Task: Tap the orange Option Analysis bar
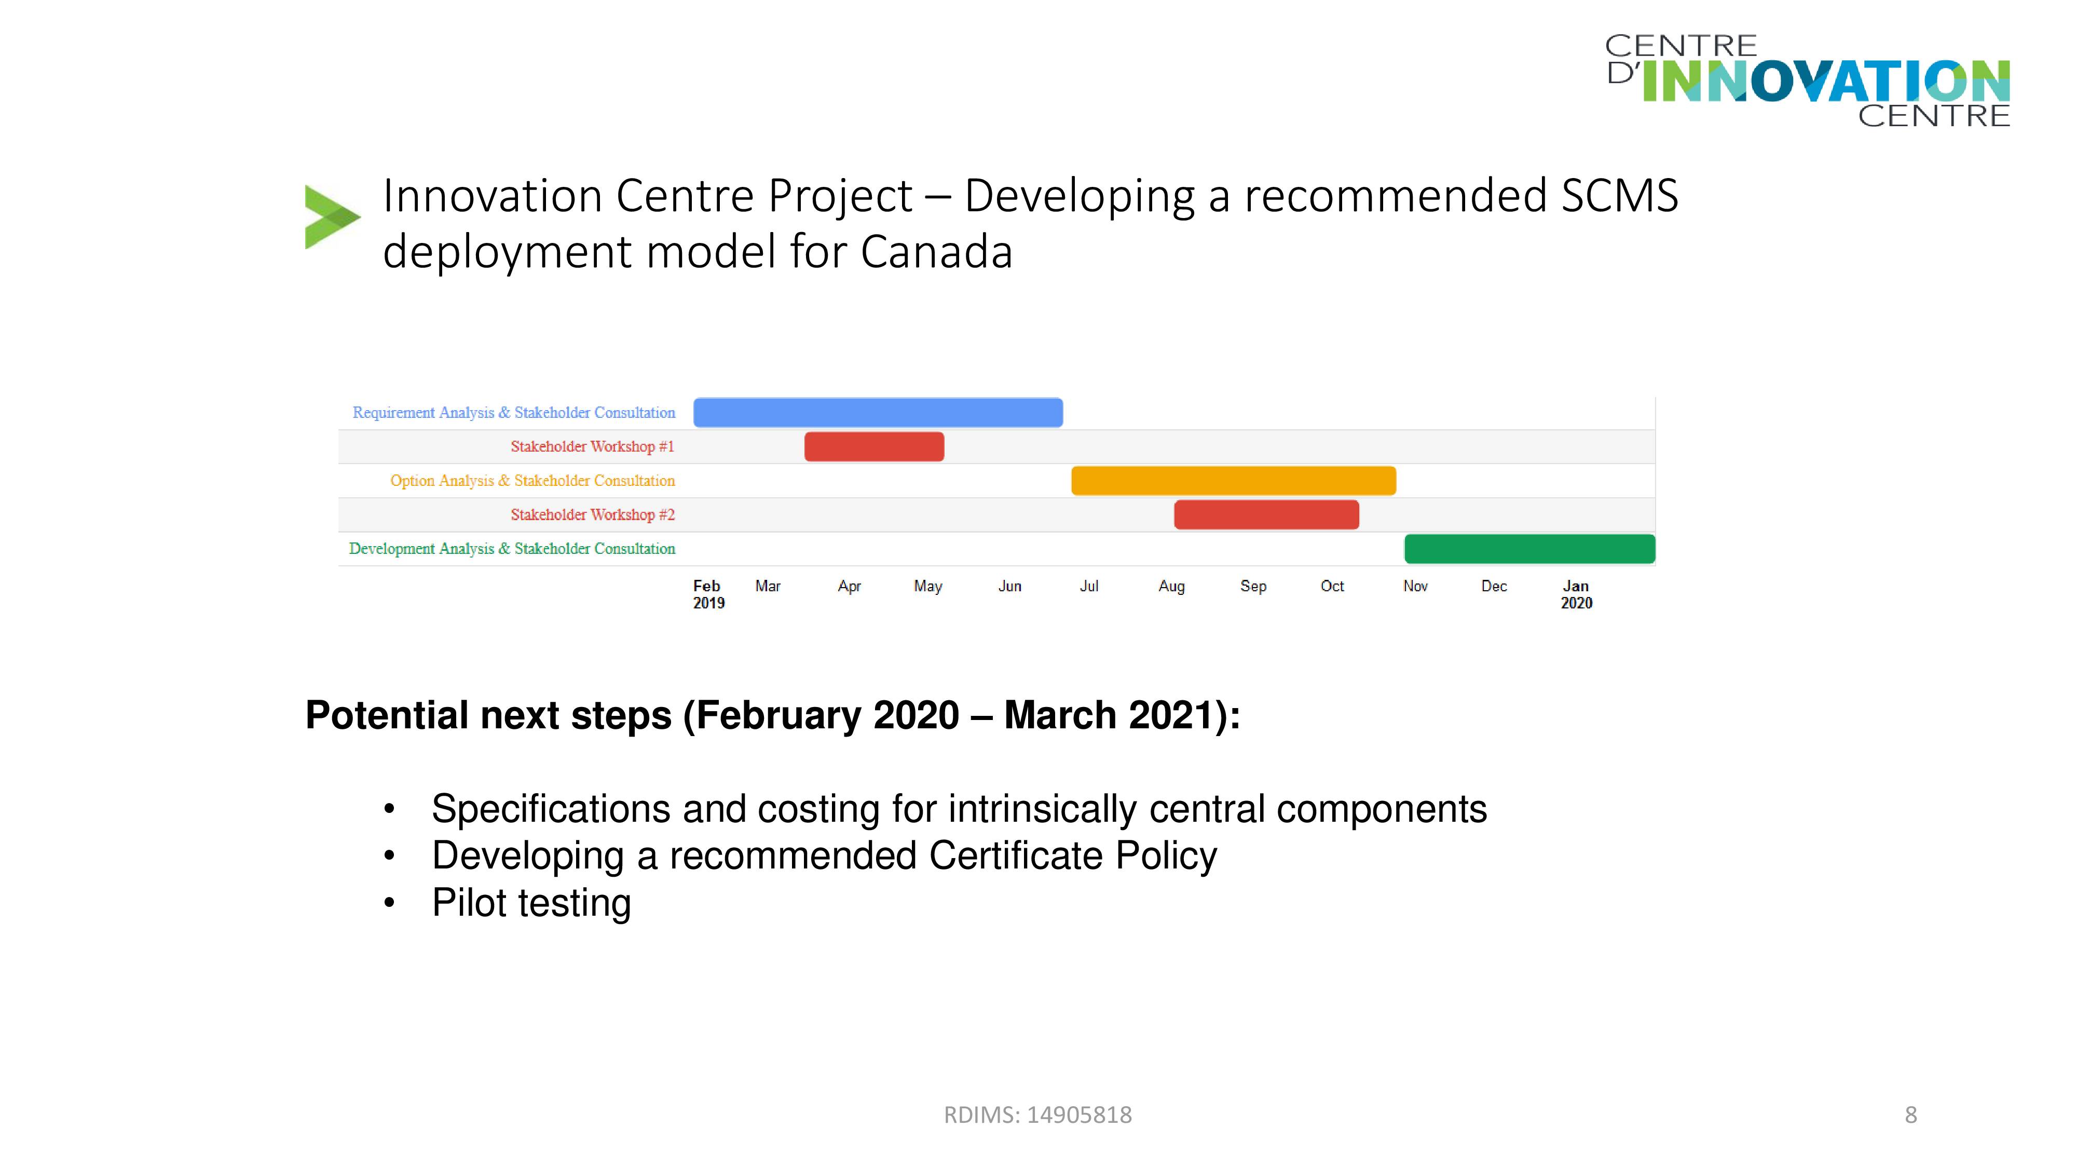click(1233, 480)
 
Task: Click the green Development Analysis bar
click(1529, 549)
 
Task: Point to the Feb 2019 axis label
click(708, 594)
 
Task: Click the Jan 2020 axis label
click(1576, 594)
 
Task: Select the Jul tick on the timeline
click(1089, 586)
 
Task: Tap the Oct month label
click(1332, 586)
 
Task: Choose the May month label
click(927, 587)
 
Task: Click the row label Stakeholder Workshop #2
click(592, 514)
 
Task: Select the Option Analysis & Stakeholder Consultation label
click(532, 480)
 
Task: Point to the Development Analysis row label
click(512, 549)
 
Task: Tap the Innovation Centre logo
click(1808, 80)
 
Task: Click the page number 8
click(1911, 1115)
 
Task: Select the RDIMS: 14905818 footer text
click(1038, 1115)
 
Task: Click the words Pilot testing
click(531, 903)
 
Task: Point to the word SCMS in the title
click(1620, 196)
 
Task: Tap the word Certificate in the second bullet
click(1016, 855)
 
